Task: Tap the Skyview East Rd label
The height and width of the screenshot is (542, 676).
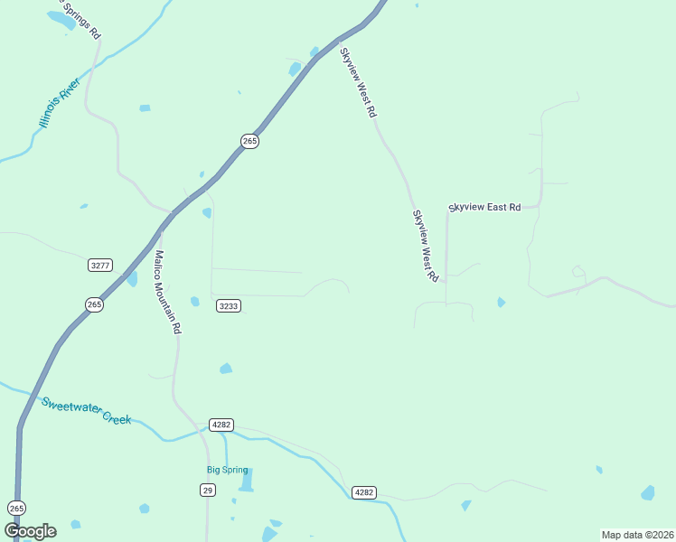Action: pyautogui.click(x=485, y=208)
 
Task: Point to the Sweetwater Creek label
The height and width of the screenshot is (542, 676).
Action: pyautogui.click(x=87, y=411)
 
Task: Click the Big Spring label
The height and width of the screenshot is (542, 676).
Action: pyautogui.click(x=227, y=470)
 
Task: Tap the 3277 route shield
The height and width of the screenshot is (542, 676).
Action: pyautogui.click(x=100, y=265)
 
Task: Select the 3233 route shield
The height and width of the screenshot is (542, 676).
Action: pyautogui.click(x=229, y=306)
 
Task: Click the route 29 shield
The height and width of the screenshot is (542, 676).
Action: pyautogui.click(x=208, y=489)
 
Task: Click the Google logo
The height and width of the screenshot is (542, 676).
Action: pyautogui.click(x=30, y=530)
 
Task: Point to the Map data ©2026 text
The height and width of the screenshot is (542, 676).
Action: pyautogui.click(x=637, y=534)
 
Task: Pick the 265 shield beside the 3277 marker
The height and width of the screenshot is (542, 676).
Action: pyautogui.click(x=95, y=304)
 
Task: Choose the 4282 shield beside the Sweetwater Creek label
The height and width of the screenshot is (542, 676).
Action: pyautogui.click(x=221, y=425)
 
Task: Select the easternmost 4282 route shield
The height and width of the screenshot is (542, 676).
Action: pyautogui.click(x=364, y=492)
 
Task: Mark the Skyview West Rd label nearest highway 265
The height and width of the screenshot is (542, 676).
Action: pyautogui.click(x=357, y=83)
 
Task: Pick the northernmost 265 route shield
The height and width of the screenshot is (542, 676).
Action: pyautogui.click(x=250, y=141)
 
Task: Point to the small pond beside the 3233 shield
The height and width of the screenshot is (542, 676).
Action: pyautogui.click(x=194, y=301)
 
